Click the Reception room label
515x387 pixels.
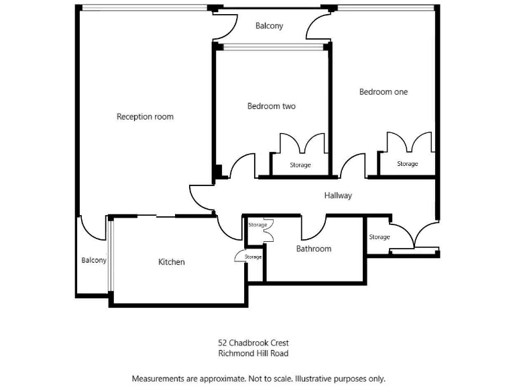(145, 117)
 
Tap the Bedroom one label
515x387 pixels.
(383, 92)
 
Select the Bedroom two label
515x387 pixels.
(271, 106)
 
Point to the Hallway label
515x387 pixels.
(338, 196)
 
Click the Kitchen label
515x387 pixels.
(171, 262)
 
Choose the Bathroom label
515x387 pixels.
(314, 249)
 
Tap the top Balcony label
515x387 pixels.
(270, 26)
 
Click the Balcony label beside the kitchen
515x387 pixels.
(94, 261)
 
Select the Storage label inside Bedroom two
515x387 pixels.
(300, 165)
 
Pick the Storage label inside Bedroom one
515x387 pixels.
(407, 164)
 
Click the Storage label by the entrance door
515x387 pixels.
(379, 237)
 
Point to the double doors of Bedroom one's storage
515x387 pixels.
(408, 142)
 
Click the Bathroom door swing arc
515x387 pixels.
(313, 228)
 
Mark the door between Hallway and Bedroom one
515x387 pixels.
(353, 167)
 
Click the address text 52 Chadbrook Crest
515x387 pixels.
(253, 343)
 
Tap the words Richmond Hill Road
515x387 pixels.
(253, 353)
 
